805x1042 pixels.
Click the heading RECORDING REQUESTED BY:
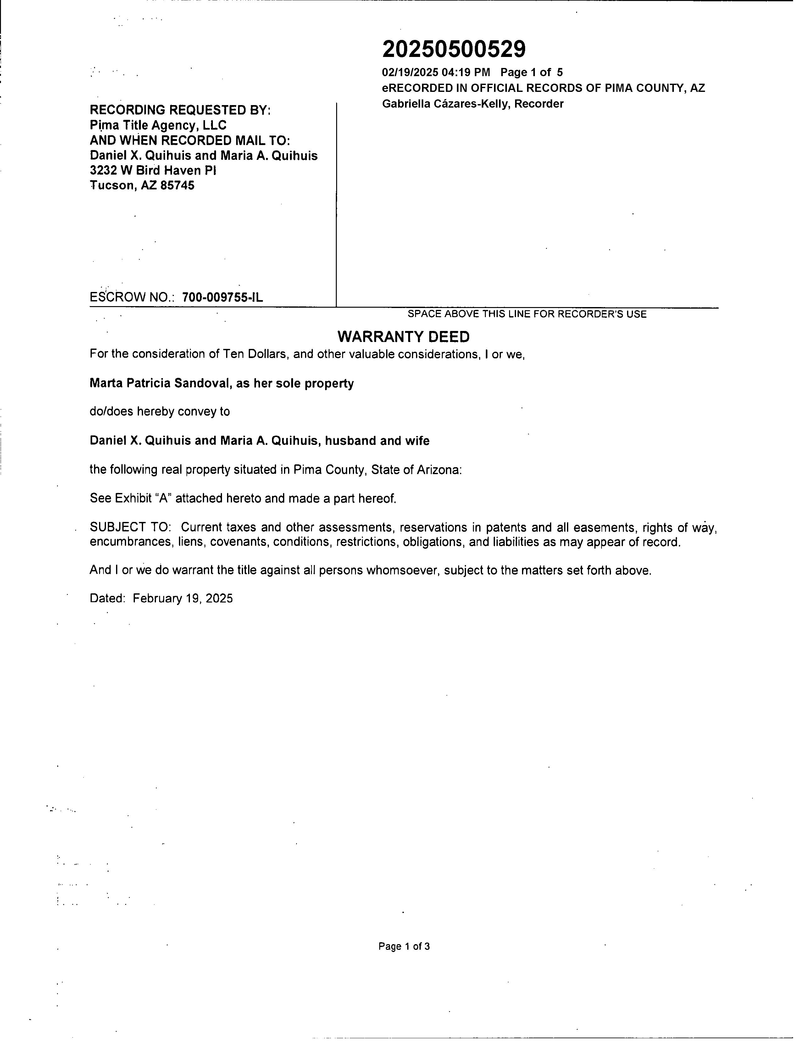(180, 110)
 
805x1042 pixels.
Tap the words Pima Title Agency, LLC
(158, 126)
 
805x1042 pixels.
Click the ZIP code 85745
(177, 186)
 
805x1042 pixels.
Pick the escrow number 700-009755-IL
(222, 298)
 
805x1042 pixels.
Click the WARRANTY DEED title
(403, 337)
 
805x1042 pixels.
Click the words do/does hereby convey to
(159, 412)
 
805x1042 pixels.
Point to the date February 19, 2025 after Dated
(183, 599)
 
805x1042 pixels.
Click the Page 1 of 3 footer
(404, 947)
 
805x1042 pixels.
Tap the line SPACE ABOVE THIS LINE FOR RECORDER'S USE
(526, 314)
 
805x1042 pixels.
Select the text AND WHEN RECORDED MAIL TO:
(190, 141)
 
